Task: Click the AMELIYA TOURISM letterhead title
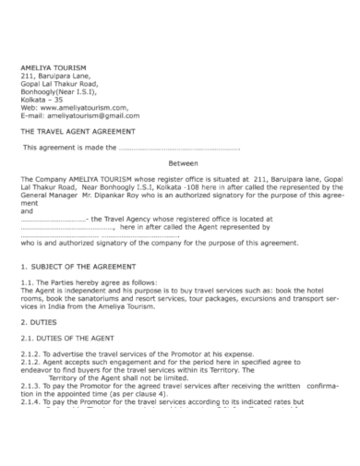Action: pos(54,67)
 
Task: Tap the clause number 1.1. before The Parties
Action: pos(28,281)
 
